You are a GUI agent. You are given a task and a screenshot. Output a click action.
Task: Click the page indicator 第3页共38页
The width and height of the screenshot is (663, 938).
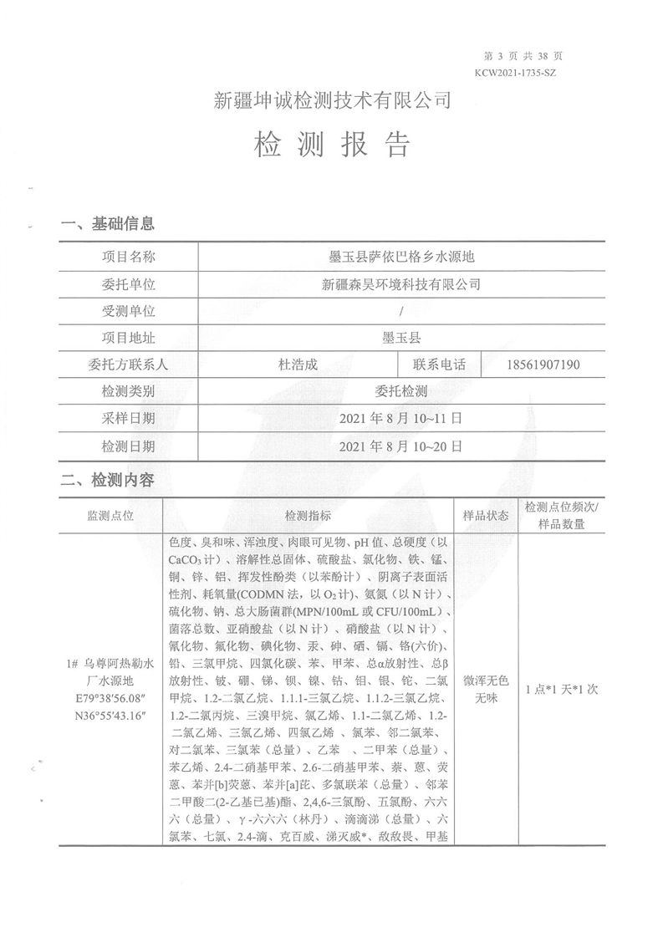click(x=523, y=56)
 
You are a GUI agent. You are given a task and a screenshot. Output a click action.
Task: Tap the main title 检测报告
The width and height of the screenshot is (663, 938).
click(x=332, y=145)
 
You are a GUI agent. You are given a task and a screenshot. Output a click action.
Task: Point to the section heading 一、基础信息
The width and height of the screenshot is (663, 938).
click(x=107, y=223)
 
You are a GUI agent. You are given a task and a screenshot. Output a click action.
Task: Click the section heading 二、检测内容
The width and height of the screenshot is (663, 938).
click(x=107, y=481)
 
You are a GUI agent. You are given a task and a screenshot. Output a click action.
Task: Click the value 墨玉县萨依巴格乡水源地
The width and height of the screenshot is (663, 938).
click(x=402, y=257)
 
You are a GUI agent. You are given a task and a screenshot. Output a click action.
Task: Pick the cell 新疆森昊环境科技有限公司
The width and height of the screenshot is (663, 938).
click(x=402, y=284)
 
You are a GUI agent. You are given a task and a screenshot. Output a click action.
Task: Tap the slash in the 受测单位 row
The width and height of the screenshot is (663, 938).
click(x=402, y=311)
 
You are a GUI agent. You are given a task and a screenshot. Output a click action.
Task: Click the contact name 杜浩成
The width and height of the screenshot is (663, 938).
click(x=298, y=364)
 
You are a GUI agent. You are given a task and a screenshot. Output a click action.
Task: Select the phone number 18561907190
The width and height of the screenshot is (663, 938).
click(x=543, y=364)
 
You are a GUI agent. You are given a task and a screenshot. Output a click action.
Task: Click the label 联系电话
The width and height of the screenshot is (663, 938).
click(x=439, y=364)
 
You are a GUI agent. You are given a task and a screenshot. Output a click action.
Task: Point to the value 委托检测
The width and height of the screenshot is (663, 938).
click(x=402, y=391)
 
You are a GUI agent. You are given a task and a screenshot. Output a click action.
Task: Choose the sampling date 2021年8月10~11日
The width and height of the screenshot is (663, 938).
click(x=402, y=419)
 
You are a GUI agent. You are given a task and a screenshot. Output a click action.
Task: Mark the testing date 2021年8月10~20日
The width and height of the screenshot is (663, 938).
click(x=402, y=446)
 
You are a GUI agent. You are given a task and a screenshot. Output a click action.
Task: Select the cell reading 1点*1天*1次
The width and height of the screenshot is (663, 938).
click(x=561, y=690)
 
